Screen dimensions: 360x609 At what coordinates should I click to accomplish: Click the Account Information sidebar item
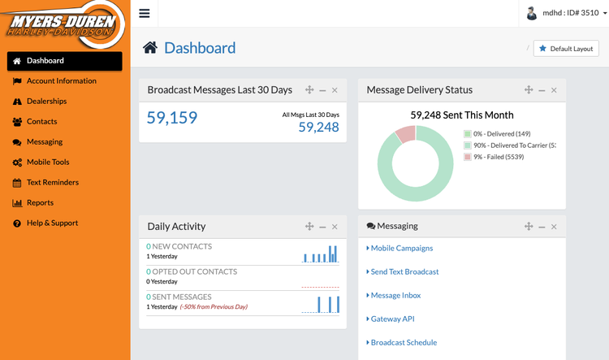(61, 81)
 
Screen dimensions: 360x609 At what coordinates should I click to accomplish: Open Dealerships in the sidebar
(46, 102)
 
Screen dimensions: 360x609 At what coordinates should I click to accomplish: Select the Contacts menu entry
(41, 122)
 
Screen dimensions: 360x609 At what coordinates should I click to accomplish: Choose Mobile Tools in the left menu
(48, 163)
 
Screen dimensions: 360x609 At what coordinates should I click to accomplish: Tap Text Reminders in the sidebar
(53, 183)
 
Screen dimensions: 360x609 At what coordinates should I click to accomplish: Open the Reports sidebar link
(40, 203)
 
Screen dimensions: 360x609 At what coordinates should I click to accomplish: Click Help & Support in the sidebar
(52, 223)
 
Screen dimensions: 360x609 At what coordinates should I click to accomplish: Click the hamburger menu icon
(145, 13)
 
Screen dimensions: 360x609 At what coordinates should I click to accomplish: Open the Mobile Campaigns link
(402, 249)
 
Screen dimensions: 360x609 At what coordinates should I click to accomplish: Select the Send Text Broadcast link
(404, 272)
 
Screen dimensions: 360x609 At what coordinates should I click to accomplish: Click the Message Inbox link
(395, 296)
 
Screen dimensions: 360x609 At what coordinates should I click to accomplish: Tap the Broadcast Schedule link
(404, 343)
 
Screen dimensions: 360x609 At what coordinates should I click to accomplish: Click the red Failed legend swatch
(468, 157)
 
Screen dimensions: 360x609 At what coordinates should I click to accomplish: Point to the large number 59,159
(172, 119)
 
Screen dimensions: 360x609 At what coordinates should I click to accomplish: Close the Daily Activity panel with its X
(335, 227)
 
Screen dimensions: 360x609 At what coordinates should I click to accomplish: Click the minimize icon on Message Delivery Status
(542, 90)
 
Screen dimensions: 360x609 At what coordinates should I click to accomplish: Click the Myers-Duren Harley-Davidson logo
(63, 24)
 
